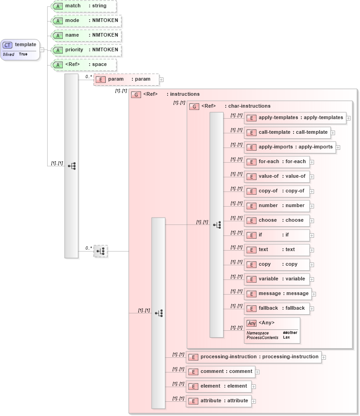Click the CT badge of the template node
click(8, 45)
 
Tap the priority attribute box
click(86, 50)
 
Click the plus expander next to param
click(161, 80)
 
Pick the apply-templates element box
click(295, 118)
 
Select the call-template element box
click(287, 132)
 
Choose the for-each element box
click(277, 162)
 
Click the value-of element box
click(277, 176)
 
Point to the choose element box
click(277, 220)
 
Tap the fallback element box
click(277, 308)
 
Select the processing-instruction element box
click(254, 357)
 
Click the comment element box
click(220, 372)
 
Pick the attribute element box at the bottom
click(218, 401)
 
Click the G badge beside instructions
click(136, 94)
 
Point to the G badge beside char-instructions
click(194, 106)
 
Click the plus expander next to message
click(314, 294)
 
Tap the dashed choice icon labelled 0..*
click(101, 251)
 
